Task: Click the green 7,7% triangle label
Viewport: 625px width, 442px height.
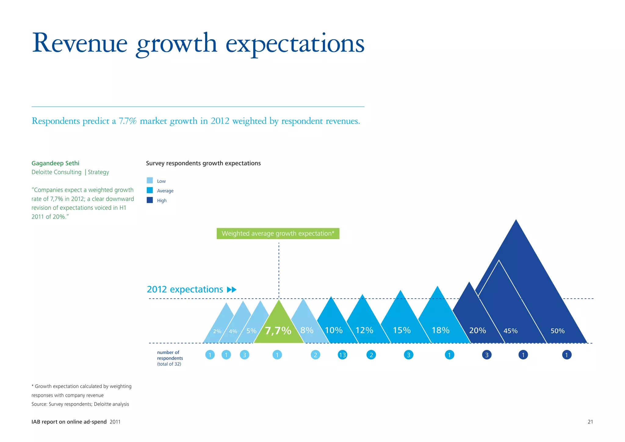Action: coord(278,331)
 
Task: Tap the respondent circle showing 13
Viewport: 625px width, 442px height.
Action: coord(342,355)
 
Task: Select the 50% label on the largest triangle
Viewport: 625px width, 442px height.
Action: coord(558,331)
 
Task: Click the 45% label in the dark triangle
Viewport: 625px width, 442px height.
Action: coord(510,331)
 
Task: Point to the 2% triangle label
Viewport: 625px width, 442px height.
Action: coord(217,331)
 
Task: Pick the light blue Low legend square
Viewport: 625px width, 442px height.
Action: coord(150,180)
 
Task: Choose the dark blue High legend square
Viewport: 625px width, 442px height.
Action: coord(150,200)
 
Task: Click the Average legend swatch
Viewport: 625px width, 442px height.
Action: coord(150,190)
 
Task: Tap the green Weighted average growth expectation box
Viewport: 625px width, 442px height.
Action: coord(278,234)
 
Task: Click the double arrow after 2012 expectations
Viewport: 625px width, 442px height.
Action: coord(232,290)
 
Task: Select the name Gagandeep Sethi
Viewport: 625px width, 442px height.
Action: coord(55,163)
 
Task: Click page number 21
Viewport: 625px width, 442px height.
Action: coord(590,422)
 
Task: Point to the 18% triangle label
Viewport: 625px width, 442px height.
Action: coord(440,330)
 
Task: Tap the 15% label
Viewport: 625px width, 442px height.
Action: coord(402,330)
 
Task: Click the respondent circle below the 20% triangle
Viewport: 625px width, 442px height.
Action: coord(487,355)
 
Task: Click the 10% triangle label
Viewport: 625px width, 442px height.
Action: coord(334,330)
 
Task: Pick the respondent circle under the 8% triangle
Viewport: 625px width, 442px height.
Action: coord(315,355)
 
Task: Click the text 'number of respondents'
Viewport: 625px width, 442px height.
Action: coord(170,355)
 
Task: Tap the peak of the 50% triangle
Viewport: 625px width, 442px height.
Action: coord(516,220)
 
